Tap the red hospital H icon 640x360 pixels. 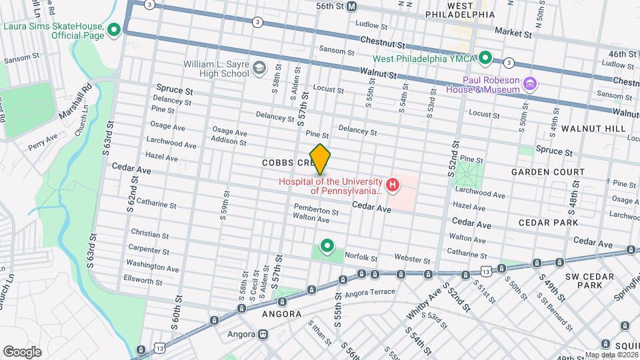click(x=393, y=185)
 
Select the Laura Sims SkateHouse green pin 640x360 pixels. click(x=114, y=29)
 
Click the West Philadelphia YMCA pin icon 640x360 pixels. click(x=487, y=58)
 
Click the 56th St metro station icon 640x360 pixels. click(x=352, y=6)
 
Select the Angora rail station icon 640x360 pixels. click(x=264, y=334)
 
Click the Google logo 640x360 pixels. click(x=22, y=351)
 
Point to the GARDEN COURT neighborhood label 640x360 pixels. click(x=547, y=172)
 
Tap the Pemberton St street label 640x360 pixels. click(x=316, y=212)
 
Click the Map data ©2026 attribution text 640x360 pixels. click(x=611, y=355)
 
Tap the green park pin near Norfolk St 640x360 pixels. click(x=327, y=245)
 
